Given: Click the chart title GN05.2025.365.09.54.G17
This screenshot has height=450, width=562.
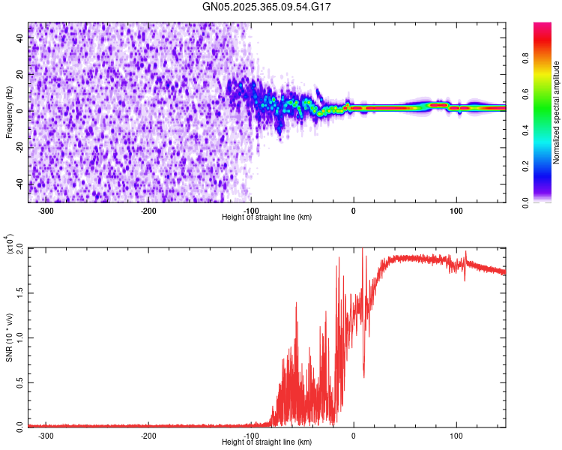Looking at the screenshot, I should tap(268, 7).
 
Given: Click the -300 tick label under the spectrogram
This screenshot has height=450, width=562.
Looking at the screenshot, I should tap(46, 211).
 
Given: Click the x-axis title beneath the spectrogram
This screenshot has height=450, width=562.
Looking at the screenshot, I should tap(267, 217).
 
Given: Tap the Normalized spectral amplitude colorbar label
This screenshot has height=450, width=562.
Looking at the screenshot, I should tap(556, 112).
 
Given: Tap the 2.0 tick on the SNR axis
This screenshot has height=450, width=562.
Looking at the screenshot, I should tap(19, 248).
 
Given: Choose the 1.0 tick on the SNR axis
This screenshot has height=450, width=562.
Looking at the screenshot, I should tap(19, 337).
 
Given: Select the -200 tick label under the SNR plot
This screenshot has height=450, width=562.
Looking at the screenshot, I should tap(148, 435).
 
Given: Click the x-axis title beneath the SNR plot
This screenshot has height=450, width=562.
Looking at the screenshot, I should tap(267, 442).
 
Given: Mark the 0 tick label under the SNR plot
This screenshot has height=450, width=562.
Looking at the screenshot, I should tap(354, 435).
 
